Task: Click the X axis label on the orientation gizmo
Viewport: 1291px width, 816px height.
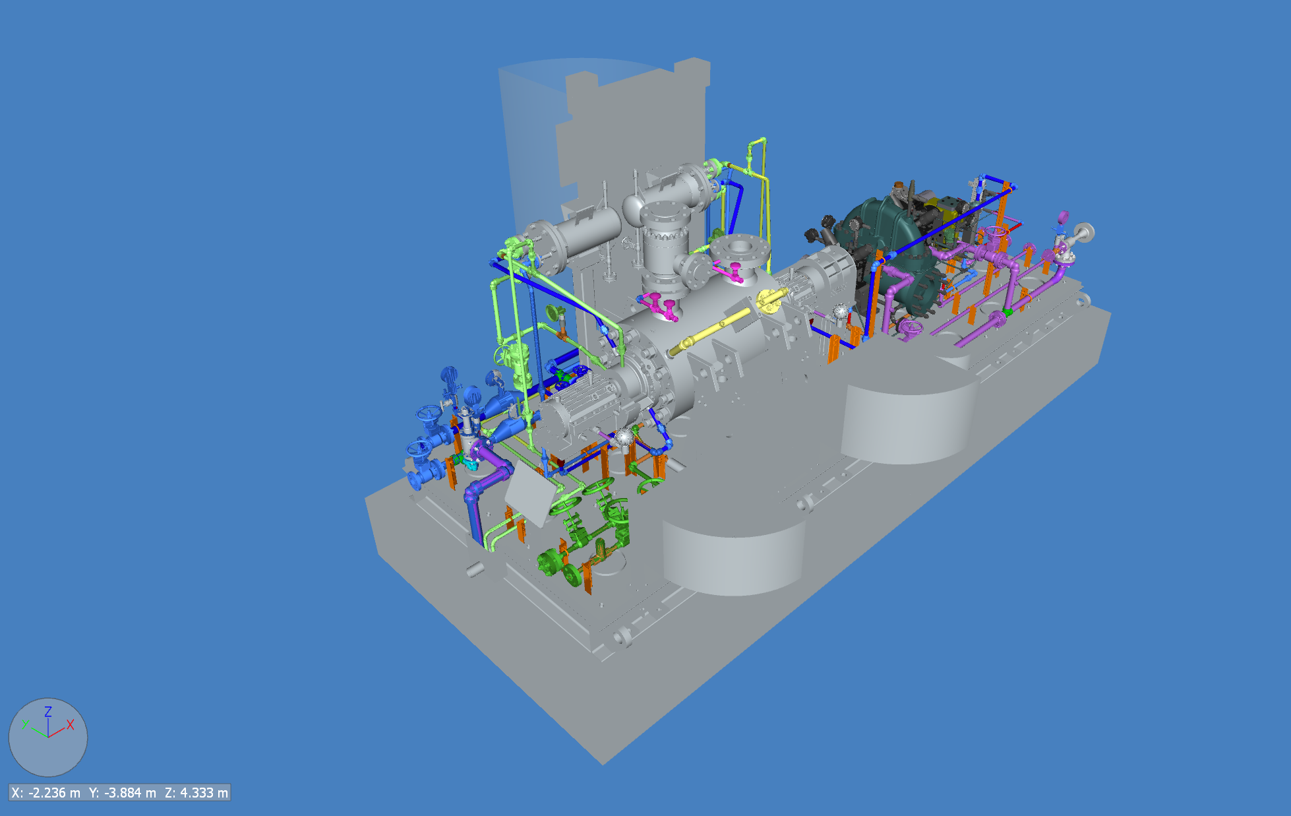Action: coord(70,724)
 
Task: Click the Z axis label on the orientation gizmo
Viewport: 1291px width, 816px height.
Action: coord(48,712)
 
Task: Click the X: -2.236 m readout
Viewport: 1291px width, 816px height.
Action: coord(46,792)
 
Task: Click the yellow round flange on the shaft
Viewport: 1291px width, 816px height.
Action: coord(768,300)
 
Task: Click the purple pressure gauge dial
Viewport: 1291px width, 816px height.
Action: coord(1062,216)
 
